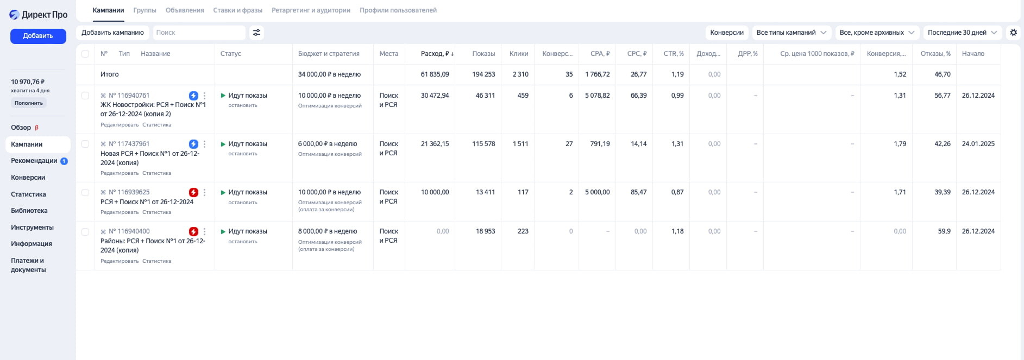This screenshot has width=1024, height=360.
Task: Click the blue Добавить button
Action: [38, 36]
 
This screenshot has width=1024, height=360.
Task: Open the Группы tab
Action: [145, 10]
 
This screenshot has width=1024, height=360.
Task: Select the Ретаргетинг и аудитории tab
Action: [311, 10]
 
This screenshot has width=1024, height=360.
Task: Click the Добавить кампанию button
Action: [112, 33]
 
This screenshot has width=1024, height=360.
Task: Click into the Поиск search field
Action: [198, 33]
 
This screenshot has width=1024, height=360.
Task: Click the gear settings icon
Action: [1013, 33]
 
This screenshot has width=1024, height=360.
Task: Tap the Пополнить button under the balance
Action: [29, 103]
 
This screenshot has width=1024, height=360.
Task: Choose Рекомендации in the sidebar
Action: [34, 161]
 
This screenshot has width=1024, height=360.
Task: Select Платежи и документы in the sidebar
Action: [28, 265]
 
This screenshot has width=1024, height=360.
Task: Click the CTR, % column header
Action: [674, 54]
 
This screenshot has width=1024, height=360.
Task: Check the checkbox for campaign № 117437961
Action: [85, 144]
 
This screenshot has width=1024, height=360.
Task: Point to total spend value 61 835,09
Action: [435, 74]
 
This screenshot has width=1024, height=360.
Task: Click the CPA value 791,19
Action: [600, 144]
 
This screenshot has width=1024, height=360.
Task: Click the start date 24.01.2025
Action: [978, 144]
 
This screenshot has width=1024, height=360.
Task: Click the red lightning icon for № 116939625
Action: [193, 192]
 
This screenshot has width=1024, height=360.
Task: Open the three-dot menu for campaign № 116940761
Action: [205, 96]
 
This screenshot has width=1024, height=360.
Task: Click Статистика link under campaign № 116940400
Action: [156, 261]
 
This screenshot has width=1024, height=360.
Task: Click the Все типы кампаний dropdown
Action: [791, 33]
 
